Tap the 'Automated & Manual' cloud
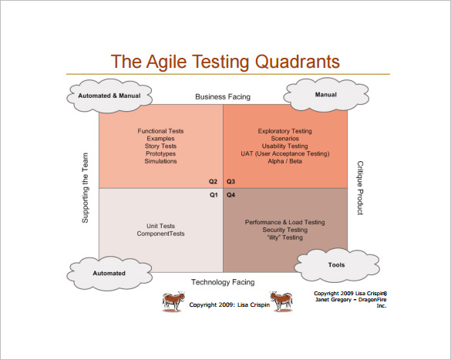pos(109,96)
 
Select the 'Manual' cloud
pos(326,95)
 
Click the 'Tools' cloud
pos(335,264)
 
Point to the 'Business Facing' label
pos(222,97)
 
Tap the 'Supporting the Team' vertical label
pos(86,189)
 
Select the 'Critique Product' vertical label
pos(359,188)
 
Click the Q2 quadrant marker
pos(213,182)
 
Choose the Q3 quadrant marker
pos(231,182)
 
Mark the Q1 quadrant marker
pos(214,195)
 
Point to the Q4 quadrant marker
pos(231,195)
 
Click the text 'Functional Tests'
pos(160,131)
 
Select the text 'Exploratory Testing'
pos(284,131)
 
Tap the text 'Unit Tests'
pos(160,226)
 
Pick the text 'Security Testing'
pos(284,230)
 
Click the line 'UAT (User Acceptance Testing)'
pos(284,153)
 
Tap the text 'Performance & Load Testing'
pos(284,222)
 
